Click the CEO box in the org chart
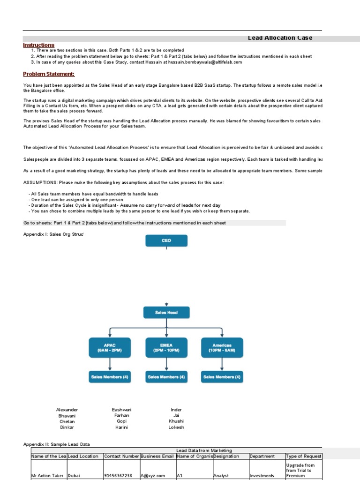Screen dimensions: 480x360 pyautogui.click(x=166, y=240)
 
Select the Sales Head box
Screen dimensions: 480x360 pyautogui.click(x=166, y=313)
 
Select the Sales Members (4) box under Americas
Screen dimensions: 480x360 pyautogui.click(x=222, y=376)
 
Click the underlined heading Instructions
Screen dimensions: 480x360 pyautogui.click(x=39, y=45)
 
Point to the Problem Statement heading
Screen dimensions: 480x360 pyautogui.click(x=49, y=74)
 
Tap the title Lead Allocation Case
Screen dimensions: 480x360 pyautogui.click(x=280, y=38)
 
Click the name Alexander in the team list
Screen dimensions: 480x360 pyautogui.click(x=67, y=410)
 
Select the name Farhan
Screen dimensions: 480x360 pyautogui.click(x=122, y=415)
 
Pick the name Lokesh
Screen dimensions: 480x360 pyautogui.click(x=176, y=427)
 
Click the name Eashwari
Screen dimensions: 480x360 pyautogui.click(x=122, y=410)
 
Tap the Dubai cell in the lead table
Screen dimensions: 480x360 pyautogui.click(x=75, y=475)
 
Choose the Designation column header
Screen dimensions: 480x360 pyautogui.click(x=226, y=456)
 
